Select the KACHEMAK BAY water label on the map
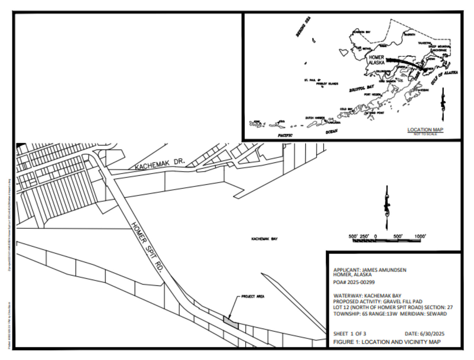(264, 239)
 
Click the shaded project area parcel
(231, 322)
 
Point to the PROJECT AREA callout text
(253, 297)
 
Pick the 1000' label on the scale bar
(420, 236)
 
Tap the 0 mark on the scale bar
(376, 236)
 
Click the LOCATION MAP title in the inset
(425, 130)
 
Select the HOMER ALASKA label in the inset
(376, 60)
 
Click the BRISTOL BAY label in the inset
(361, 89)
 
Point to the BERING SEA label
(304, 27)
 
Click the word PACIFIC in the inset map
(285, 135)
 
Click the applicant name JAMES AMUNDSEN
(384, 270)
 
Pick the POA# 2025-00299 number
(354, 282)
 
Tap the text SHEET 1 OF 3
(349, 334)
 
